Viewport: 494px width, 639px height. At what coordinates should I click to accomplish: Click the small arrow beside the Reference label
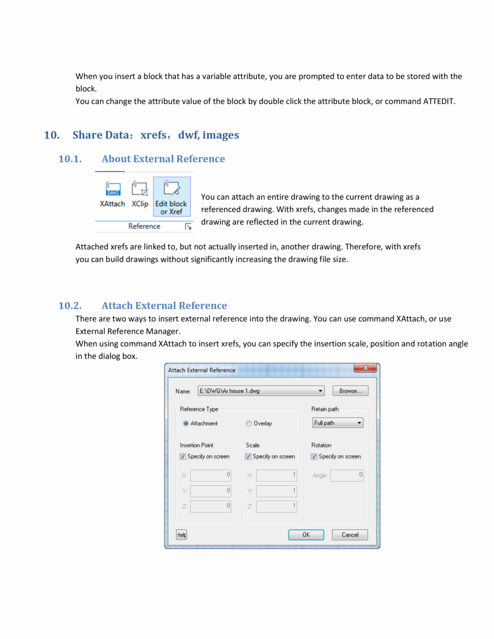pyautogui.click(x=188, y=227)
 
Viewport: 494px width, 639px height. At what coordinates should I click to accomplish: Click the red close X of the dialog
pyautogui.click(x=366, y=369)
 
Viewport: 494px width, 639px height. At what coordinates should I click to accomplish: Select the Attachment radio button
pyautogui.click(x=186, y=424)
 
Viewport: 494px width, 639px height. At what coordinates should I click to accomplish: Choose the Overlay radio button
pyautogui.click(x=249, y=424)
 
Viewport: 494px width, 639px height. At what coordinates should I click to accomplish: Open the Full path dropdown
pyautogui.click(x=338, y=423)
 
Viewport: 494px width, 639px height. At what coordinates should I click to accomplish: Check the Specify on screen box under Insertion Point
pyautogui.click(x=183, y=457)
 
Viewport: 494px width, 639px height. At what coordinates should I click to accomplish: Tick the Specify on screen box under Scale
pyautogui.click(x=248, y=457)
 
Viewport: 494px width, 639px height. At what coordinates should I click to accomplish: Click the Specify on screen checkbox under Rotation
pyautogui.click(x=314, y=457)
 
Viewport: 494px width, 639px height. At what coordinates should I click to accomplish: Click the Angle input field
pyautogui.click(x=347, y=476)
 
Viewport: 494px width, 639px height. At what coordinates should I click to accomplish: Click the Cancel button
pyautogui.click(x=349, y=535)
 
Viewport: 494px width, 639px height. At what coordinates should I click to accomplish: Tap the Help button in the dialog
pyautogui.click(x=182, y=535)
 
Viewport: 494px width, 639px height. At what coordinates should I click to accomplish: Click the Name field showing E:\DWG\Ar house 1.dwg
pyautogui.click(x=261, y=391)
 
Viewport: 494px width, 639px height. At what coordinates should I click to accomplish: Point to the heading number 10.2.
pyautogui.click(x=70, y=306)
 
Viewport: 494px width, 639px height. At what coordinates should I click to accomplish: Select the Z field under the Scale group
pyautogui.click(x=276, y=506)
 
